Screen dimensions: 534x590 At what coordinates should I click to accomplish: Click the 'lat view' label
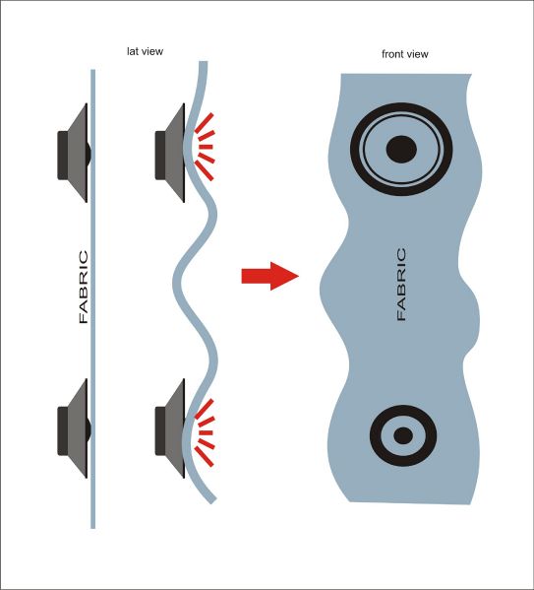click(x=146, y=51)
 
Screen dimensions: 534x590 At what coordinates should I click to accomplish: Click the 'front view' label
click(x=405, y=54)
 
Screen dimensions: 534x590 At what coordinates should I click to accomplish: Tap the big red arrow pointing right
click(x=269, y=276)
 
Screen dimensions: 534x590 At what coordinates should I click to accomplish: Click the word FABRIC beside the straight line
click(x=84, y=287)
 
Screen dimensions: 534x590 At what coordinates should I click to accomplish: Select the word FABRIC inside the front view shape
click(x=401, y=284)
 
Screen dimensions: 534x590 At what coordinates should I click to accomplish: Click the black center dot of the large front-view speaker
click(x=401, y=149)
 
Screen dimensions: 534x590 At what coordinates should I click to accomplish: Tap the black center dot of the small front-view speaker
click(x=403, y=435)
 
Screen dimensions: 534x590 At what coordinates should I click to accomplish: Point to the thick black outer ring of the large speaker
click(x=401, y=106)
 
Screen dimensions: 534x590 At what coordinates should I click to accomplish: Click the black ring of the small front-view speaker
click(x=403, y=410)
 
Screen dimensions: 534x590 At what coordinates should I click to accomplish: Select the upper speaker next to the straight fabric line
click(x=74, y=153)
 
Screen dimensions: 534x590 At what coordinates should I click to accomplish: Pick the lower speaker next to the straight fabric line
click(x=74, y=428)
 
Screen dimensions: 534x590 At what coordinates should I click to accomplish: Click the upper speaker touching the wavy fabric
click(x=170, y=153)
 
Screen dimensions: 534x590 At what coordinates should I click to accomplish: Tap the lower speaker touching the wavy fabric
click(x=170, y=428)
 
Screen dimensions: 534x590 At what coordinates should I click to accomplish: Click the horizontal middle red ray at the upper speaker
click(x=206, y=147)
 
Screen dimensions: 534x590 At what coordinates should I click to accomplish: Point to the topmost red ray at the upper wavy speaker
click(x=204, y=123)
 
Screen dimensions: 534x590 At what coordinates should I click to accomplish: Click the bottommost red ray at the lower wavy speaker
click(x=204, y=457)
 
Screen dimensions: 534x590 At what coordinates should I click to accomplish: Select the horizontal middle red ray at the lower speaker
click(x=206, y=433)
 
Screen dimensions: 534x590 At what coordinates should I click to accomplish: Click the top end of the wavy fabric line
click(x=203, y=62)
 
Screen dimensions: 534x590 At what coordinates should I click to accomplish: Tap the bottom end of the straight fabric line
click(x=92, y=528)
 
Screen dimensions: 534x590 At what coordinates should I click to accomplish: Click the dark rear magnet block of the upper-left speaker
click(x=63, y=155)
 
